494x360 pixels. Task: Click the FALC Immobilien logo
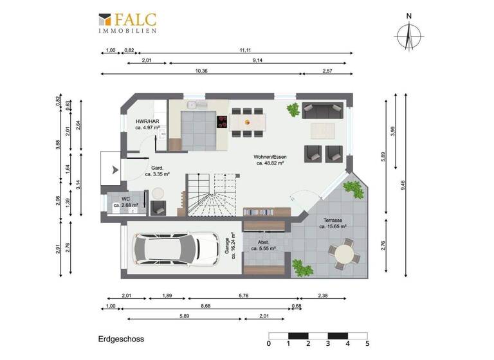point(127,22)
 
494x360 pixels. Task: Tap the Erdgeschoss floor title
point(121,339)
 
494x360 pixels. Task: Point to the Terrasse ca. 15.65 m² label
point(333,223)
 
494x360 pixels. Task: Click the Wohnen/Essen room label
point(270,160)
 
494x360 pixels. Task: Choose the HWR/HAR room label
point(147,124)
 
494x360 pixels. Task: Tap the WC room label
point(125,203)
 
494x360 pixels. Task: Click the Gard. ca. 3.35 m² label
point(157,170)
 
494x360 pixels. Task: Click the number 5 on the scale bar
point(367,344)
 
